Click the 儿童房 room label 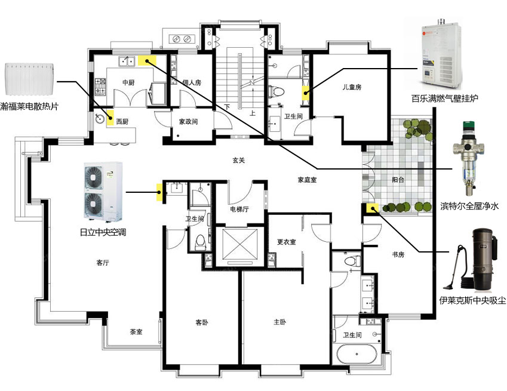pyautogui.click(x=352, y=87)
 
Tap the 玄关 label pyautogui.click(x=239, y=160)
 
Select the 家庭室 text pyautogui.click(x=307, y=180)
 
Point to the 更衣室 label pyautogui.click(x=287, y=242)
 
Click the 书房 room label pyautogui.click(x=398, y=255)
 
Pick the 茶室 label pyautogui.click(x=136, y=331)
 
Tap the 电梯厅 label pyautogui.click(x=239, y=209)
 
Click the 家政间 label pyautogui.click(x=188, y=122)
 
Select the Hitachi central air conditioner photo pyautogui.click(x=103, y=193)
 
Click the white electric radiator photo pyautogui.click(x=29, y=79)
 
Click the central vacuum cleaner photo pyautogui.click(x=471, y=260)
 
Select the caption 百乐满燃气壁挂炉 pyautogui.click(x=444, y=98)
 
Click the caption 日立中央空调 pyautogui.click(x=103, y=232)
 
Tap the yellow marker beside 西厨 pyautogui.click(x=110, y=118)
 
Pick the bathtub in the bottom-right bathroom pyautogui.click(x=357, y=354)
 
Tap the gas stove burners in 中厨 pyautogui.click(x=100, y=87)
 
